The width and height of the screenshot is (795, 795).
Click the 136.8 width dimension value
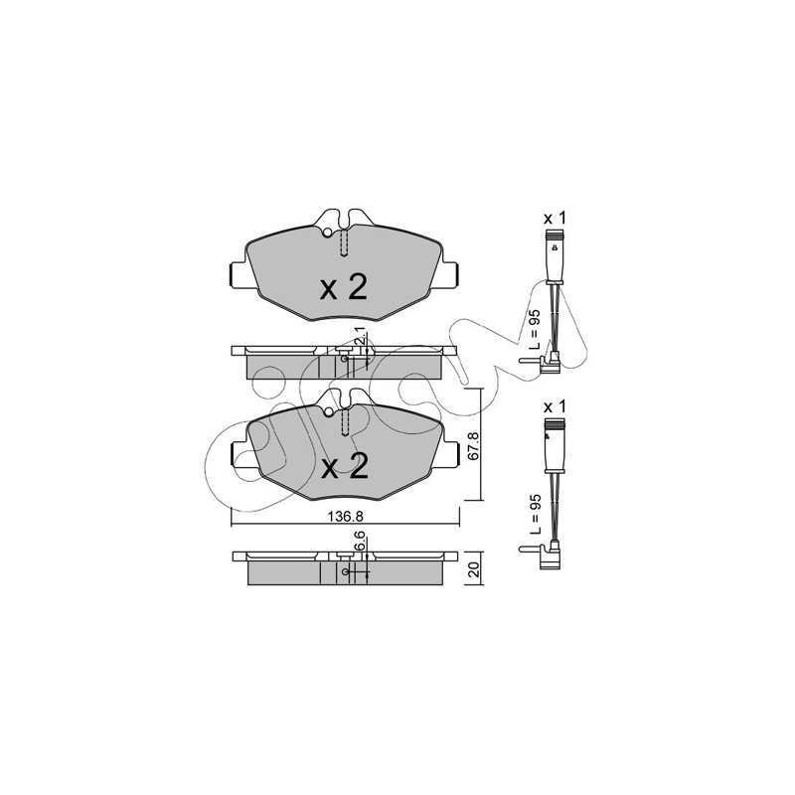[345, 516]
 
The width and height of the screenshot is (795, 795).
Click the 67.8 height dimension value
[473, 446]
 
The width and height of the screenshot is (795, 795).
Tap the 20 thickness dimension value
[474, 569]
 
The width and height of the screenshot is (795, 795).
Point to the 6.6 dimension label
[360, 541]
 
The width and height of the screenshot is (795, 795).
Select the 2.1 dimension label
[360, 337]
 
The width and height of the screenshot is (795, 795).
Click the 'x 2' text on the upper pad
[344, 288]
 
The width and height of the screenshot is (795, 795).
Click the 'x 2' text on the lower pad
[345, 466]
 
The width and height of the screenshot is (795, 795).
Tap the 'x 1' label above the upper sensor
[555, 219]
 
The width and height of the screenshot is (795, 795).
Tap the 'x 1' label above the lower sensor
[555, 407]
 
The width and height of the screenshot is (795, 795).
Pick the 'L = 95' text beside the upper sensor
[535, 330]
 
